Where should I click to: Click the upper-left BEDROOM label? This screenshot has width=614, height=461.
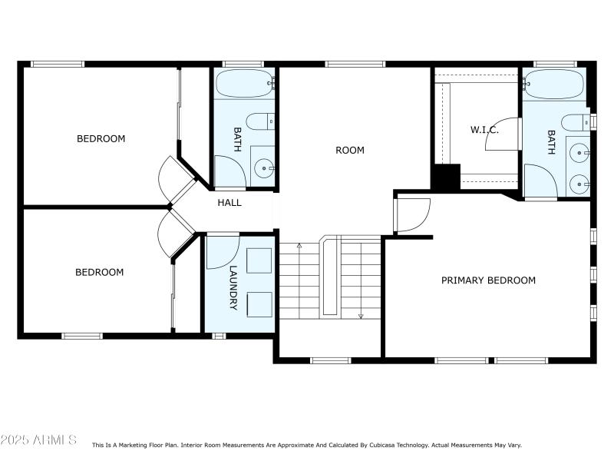tap(101, 139)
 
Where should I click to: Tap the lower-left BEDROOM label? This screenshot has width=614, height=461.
tap(99, 272)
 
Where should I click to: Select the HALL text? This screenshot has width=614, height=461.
tap(229, 203)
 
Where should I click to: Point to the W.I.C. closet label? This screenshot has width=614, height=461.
tap(484, 130)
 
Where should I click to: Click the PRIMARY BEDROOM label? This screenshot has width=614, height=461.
tap(488, 280)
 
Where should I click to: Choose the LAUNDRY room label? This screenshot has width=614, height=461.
tap(234, 288)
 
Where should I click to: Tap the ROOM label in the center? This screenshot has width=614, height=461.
tap(350, 151)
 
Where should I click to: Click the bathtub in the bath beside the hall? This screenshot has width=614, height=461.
tap(243, 82)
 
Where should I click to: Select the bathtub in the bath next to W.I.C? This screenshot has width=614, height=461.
tap(553, 83)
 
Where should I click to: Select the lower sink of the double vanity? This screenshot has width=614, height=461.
tap(579, 183)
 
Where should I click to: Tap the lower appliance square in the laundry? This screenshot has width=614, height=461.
tap(259, 303)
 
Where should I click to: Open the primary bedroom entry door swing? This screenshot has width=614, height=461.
tap(412, 215)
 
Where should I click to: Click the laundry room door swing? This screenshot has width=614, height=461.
tap(222, 251)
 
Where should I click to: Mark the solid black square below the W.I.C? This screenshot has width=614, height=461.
tap(444, 177)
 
